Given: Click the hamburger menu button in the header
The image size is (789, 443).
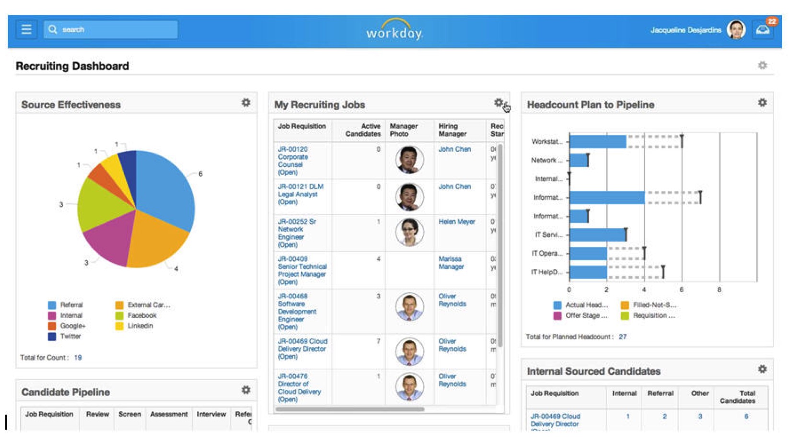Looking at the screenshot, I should [x=26, y=30].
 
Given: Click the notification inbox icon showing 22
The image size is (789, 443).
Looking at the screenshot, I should [x=763, y=30].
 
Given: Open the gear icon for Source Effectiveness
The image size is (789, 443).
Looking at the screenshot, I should [x=246, y=103].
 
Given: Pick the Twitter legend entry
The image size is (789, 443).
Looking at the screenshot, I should [x=70, y=337].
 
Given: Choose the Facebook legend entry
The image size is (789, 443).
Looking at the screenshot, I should [x=142, y=315].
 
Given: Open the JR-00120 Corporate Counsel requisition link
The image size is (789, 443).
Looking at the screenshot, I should [x=293, y=161].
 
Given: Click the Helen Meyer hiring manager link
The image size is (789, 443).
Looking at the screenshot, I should [x=456, y=222].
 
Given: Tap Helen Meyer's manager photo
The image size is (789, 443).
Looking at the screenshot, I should [x=409, y=232].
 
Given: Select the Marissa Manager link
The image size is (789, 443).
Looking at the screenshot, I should [x=451, y=263].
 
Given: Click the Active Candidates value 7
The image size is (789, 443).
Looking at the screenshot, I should [x=378, y=341].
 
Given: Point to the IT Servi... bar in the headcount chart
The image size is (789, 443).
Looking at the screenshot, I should [x=597, y=235].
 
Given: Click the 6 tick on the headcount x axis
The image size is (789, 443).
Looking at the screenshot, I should [x=681, y=290].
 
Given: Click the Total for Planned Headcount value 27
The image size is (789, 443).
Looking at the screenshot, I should [x=622, y=337].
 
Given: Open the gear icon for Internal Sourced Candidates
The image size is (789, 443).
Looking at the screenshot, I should [x=762, y=369].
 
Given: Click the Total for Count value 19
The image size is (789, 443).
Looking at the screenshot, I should [x=78, y=358].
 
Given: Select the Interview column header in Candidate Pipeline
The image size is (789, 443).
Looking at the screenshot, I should [x=211, y=414].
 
